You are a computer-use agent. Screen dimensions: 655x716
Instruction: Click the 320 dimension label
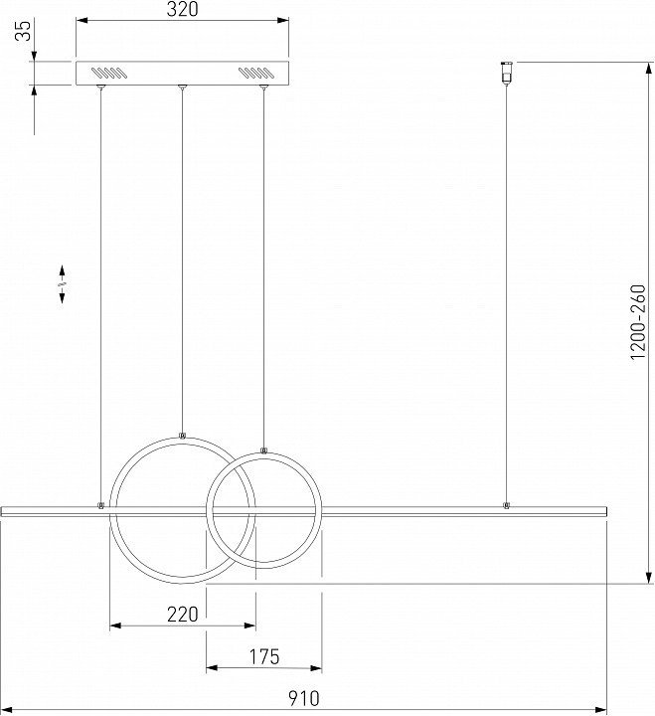[x=182, y=9]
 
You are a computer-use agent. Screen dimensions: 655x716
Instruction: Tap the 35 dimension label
[x=24, y=31]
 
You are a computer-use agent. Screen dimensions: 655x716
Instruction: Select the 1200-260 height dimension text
[x=638, y=322]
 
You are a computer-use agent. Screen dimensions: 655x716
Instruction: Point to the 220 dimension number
[x=183, y=615]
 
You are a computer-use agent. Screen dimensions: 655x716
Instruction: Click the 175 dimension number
[x=263, y=657]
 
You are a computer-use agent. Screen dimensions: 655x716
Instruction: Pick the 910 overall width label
[x=304, y=699]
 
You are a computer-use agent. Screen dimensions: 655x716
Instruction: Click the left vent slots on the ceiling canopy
[x=107, y=73]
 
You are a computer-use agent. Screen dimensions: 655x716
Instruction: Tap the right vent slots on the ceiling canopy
[x=255, y=73]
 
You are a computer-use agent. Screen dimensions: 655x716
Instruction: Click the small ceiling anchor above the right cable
[x=507, y=73]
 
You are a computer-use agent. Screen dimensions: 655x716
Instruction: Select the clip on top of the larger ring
[x=182, y=436]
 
